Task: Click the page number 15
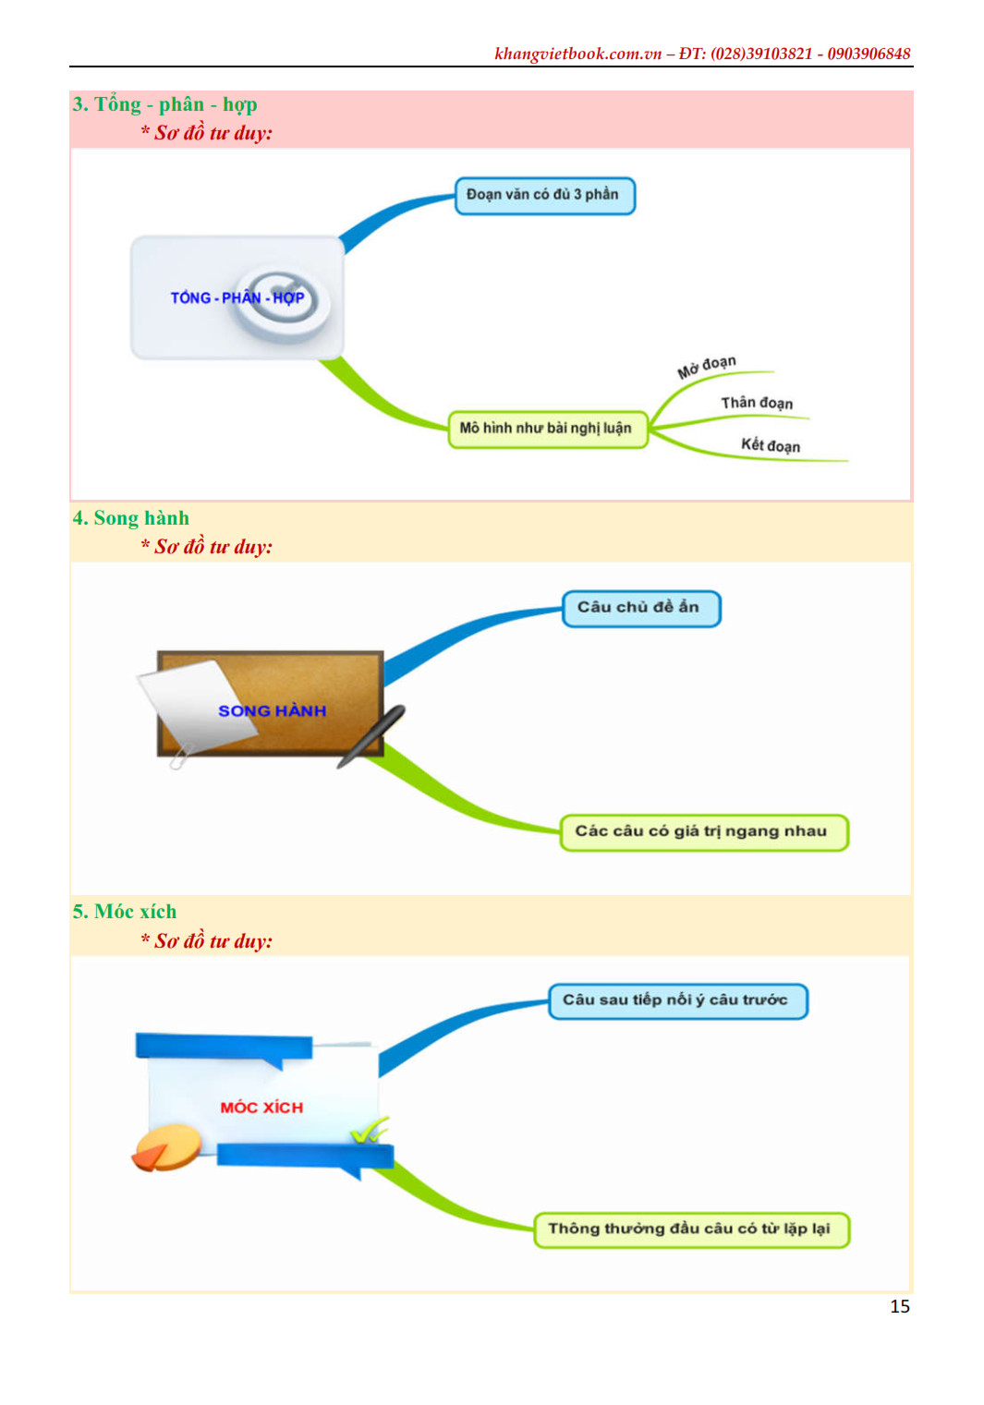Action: coord(899,1306)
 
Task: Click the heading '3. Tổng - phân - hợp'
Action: coord(164,104)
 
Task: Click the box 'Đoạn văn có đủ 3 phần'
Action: coord(544,195)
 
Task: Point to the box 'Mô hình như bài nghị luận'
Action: coord(547,429)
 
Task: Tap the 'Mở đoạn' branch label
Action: coord(706,367)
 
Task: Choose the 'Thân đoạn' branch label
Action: coord(757,403)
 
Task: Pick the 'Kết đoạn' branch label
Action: coord(770,445)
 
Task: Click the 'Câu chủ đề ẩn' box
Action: coord(640,608)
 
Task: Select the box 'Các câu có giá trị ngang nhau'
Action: coord(702,831)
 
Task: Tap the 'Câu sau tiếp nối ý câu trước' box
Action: coord(677,1000)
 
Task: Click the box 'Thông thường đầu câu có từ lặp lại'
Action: coord(690,1229)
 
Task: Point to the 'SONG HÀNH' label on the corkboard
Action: coord(272,711)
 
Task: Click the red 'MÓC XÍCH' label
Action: coord(261,1108)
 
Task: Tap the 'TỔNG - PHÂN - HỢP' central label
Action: coord(237,297)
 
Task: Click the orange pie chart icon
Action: coord(167,1146)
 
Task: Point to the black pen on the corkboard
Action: coord(371,735)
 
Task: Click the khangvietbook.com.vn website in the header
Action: coord(577,54)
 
